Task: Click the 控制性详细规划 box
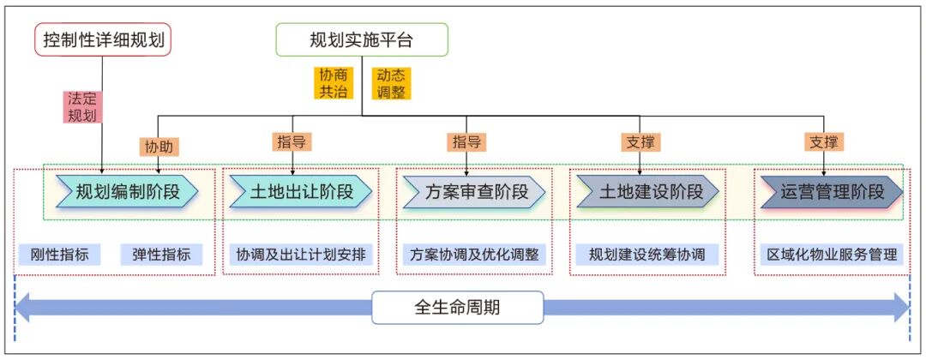103,39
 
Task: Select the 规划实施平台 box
361,39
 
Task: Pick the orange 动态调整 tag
391,83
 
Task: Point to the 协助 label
159,147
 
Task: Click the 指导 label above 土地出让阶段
293,141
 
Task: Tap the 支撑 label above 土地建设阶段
640,141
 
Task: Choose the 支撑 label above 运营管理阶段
823,141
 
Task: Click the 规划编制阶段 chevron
128,191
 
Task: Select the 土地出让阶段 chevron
301,191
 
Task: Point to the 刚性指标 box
60,254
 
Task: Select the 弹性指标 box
160,254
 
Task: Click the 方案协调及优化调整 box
474,254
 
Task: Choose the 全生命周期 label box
457,307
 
